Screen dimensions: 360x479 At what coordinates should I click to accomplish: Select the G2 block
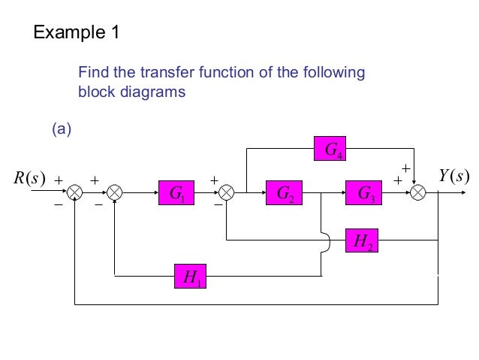coord(285,193)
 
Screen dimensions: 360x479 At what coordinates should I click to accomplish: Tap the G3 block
coord(364,193)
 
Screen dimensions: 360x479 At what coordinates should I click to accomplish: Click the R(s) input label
coord(30,178)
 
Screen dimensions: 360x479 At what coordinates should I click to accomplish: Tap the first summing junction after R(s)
coord(75,193)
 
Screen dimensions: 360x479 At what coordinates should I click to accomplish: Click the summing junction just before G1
coord(114,193)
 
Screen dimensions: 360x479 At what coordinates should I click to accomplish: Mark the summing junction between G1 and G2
coord(227,193)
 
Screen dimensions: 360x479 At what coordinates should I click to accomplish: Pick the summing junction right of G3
coord(417,193)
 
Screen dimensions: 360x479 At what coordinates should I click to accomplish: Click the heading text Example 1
coord(76,33)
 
